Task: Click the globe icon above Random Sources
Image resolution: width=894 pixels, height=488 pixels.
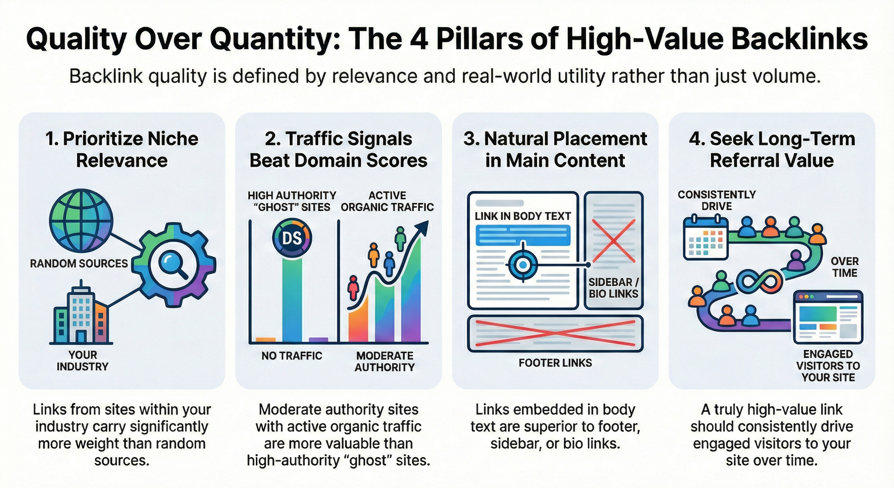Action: pyautogui.click(x=81, y=220)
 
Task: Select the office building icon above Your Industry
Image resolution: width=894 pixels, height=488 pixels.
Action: pyautogui.click(x=81, y=314)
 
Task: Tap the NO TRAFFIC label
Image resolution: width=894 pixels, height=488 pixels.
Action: pyautogui.click(x=291, y=356)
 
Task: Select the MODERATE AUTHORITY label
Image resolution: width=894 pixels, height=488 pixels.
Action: pyautogui.click(x=384, y=361)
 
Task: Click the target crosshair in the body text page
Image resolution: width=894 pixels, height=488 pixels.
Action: pyautogui.click(x=523, y=265)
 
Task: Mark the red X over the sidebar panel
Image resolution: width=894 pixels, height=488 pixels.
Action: pyautogui.click(x=613, y=241)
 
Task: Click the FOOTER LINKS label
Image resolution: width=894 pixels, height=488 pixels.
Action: pyautogui.click(x=555, y=363)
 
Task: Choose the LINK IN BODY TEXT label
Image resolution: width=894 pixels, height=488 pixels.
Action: pyautogui.click(x=522, y=216)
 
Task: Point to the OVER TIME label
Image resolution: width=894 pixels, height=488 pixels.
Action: pyautogui.click(x=844, y=267)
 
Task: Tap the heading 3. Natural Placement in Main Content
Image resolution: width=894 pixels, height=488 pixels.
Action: pyautogui.click(x=555, y=149)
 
